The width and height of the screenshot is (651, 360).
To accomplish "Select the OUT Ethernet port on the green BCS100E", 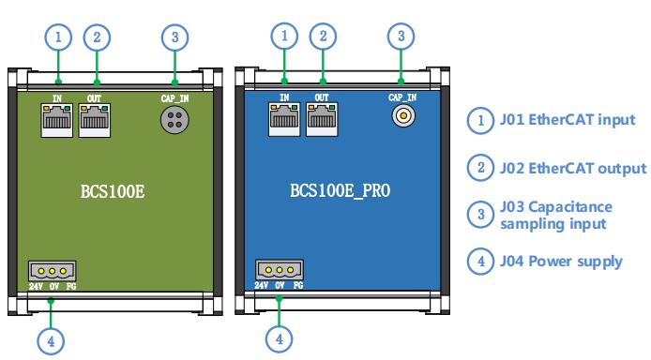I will pyautogui.click(x=93, y=121).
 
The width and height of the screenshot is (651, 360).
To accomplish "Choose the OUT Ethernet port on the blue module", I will pyautogui.click(x=321, y=121).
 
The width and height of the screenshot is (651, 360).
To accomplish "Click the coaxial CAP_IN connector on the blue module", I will pyautogui.click(x=401, y=116).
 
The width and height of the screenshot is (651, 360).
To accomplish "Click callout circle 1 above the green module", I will pyautogui.click(x=58, y=37).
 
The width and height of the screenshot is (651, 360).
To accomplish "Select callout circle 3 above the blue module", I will pyautogui.click(x=401, y=36).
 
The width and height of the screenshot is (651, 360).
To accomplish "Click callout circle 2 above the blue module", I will pyautogui.click(x=323, y=36).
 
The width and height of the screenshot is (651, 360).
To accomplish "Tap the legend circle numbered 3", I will pyautogui.click(x=480, y=215).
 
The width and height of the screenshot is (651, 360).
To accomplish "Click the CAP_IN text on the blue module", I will pyautogui.click(x=401, y=97).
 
